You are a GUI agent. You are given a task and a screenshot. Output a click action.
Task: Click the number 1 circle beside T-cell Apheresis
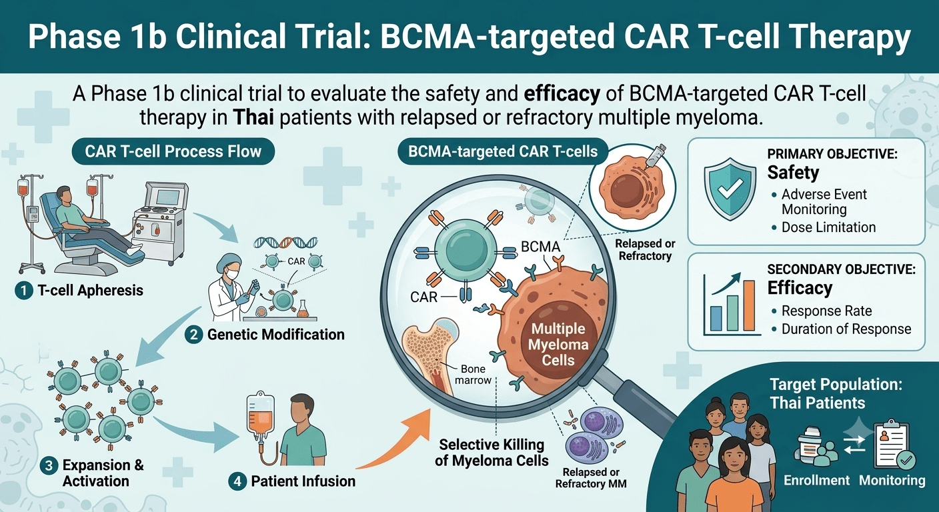(24, 291)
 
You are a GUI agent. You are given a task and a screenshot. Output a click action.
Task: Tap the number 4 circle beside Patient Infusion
(237, 481)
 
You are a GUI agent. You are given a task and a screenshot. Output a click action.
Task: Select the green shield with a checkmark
(730, 189)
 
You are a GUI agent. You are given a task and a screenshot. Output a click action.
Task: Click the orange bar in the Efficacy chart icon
(749, 305)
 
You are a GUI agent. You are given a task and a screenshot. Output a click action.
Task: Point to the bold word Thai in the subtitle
(253, 118)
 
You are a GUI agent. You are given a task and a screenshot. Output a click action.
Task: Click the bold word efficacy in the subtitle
(562, 94)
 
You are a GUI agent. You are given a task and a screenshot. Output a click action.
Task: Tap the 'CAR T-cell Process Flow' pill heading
(173, 151)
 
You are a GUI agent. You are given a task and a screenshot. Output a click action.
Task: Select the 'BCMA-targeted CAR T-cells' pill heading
(503, 151)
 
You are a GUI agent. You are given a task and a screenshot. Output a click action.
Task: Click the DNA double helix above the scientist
(285, 242)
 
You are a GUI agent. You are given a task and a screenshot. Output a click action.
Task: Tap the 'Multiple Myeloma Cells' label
(558, 345)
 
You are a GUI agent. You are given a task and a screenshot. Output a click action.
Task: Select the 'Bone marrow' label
(473, 375)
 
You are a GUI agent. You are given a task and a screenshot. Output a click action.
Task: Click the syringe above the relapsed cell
(653, 157)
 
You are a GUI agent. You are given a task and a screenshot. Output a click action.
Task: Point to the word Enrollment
(816, 480)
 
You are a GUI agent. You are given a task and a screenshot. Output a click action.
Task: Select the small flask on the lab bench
(302, 309)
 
